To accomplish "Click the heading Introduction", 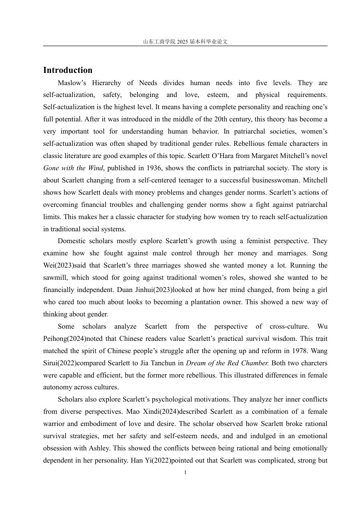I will (67, 70).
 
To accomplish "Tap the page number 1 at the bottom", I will (185, 473).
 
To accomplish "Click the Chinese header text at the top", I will (185, 42).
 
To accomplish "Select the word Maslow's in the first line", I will (72, 83).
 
